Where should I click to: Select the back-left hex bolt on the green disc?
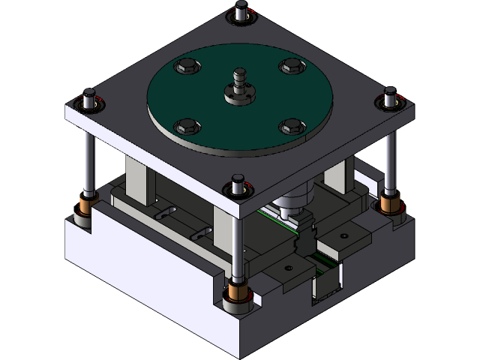(184, 68)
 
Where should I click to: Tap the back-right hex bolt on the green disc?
(290, 67)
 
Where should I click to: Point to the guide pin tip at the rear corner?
(240, 11)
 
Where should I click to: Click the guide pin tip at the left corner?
(88, 98)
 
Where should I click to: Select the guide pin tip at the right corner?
(390, 96)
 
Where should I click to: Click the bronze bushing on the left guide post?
(87, 203)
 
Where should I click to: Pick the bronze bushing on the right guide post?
(390, 202)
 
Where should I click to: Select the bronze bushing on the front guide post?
(238, 292)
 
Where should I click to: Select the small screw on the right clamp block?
(343, 235)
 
